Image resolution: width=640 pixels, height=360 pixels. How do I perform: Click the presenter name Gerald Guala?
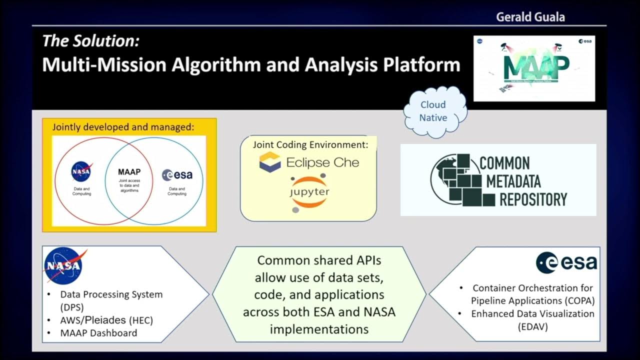click(x=530, y=17)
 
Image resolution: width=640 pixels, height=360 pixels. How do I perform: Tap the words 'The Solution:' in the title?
click(x=90, y=41)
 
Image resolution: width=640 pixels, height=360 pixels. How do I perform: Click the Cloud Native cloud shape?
click(x=433, y=111)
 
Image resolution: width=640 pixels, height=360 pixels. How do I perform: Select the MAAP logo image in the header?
click(x=534, y=68)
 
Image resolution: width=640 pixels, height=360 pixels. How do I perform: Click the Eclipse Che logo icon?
click(x=270, y=162)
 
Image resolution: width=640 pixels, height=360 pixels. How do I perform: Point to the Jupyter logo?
click(x=309, y=192)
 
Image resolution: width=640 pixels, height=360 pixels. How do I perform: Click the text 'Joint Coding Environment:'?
click(x=310, y=145)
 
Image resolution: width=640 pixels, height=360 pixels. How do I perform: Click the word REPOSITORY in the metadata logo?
click(x=533, y=199)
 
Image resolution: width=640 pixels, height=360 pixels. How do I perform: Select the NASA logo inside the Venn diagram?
click(x=81, y=172)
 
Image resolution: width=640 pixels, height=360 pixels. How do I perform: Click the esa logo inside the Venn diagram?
click(x=177, y=175)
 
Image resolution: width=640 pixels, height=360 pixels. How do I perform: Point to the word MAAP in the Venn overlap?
click(x=129, y=172)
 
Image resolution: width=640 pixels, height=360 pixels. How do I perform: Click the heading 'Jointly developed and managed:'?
click(x=123, y=127)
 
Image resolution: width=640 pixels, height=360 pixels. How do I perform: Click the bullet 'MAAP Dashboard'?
click(x=98, y=332)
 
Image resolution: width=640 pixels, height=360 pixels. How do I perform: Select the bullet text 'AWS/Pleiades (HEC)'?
click(x=106, y=320)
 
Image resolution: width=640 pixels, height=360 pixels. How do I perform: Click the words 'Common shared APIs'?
click(x=319, y=260)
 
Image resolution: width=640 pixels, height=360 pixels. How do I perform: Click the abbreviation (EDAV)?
click(x=532, y=326)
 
